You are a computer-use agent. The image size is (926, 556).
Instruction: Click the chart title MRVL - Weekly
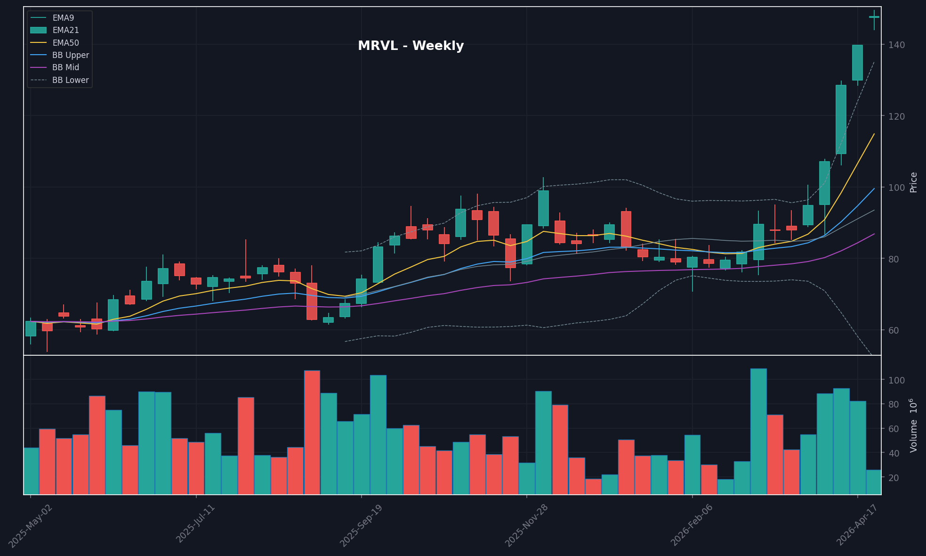[x=411, y=46]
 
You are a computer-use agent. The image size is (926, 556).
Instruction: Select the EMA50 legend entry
[x=65, y=43]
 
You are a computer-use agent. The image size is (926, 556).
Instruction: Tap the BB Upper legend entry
[x=70, y=55]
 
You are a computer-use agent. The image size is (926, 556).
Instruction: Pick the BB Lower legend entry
[x=70, y=80]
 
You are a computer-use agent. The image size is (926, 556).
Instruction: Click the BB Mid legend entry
[x=65, y=67]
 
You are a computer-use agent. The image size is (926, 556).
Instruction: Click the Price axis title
[x=914, y=182]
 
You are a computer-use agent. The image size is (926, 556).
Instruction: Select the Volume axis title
[x=914, y=425]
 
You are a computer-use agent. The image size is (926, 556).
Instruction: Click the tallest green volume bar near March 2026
[x=758, y=431]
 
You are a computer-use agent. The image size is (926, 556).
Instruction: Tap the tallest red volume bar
[x=312, y=432]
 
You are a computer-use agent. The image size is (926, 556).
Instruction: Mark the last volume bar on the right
[x=874, y=482]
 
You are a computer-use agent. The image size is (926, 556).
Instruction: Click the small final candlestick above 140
[x=874, y=17]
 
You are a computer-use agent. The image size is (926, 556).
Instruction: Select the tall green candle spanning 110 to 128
[x=841, y=119]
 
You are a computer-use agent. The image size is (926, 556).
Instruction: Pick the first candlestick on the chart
[x=31, y=328]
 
